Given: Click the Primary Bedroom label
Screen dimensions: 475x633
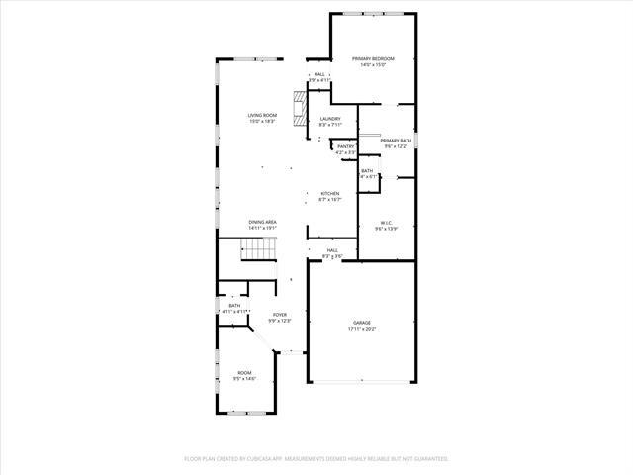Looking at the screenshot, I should click(x=373, y=59).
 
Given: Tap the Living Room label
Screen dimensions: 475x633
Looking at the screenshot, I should click(x=262, y=116).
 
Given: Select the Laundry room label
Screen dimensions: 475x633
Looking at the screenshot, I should click(x=330, y=119).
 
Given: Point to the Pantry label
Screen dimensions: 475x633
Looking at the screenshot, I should click(x=345, y=146).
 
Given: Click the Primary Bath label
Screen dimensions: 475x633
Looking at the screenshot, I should click(x=396, y=141).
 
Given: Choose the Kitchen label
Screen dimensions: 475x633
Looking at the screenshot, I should click(x=330, y=193).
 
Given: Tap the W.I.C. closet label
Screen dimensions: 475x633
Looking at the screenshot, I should click(x=386, y=222).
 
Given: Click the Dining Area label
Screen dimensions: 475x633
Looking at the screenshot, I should click(x=262, y=222).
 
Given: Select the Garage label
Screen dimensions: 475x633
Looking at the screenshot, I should click(x=362, y=323).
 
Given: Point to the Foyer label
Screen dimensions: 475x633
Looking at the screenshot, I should click(x=281, y=315).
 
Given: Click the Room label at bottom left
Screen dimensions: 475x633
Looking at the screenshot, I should click(x=244, y=372).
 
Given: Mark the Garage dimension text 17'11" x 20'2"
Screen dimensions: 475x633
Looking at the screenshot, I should click(x=362, y=329).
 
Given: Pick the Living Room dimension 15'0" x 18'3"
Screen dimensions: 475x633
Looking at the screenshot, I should click(x=262, y=122).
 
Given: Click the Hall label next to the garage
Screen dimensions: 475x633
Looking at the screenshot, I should click(x=333, y=250).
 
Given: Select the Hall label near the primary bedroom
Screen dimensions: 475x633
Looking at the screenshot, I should click(x=319, y=74).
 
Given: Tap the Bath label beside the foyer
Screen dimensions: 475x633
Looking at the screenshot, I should click(x=234, y=306).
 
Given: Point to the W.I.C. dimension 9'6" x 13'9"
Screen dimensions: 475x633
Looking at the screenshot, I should click(x=386, y=229).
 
